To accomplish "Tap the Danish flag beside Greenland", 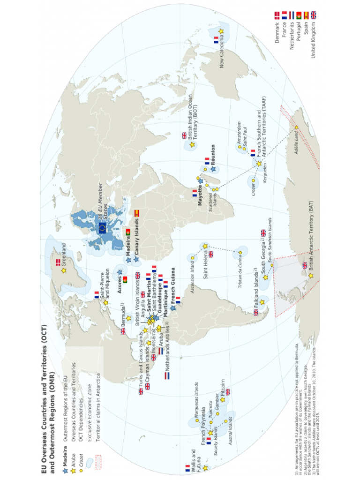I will [x=58, y=262].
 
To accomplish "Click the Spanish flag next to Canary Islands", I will [x=136, y=212].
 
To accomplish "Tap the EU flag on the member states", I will [x=102, y=228].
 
